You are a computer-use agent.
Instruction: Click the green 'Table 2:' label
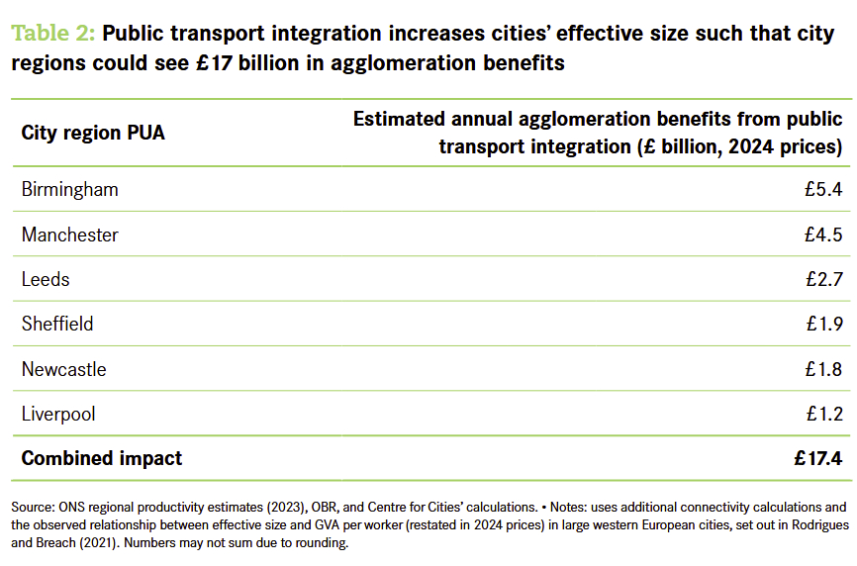point(53,34)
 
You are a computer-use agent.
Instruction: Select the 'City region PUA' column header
point(93,134)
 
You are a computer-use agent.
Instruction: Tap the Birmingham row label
point(69,189)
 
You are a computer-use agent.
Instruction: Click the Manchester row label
point(69,235)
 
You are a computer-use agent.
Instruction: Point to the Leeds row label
point(46,279)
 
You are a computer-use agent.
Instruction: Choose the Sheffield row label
point(57,324)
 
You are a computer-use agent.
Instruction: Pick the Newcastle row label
point(63,369)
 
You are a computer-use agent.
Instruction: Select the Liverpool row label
point(58,414)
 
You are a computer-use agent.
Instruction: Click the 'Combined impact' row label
point(102,458)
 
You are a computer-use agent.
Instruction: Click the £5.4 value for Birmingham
point(823,189)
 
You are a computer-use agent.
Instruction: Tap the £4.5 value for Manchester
point(823,235)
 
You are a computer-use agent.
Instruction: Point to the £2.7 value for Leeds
point(823,279)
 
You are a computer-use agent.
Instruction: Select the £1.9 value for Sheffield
point(823,324)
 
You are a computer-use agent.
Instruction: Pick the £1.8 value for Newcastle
point(823,369)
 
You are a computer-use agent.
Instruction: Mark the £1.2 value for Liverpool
point(823,414)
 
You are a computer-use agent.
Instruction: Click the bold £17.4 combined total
point(817,458)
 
